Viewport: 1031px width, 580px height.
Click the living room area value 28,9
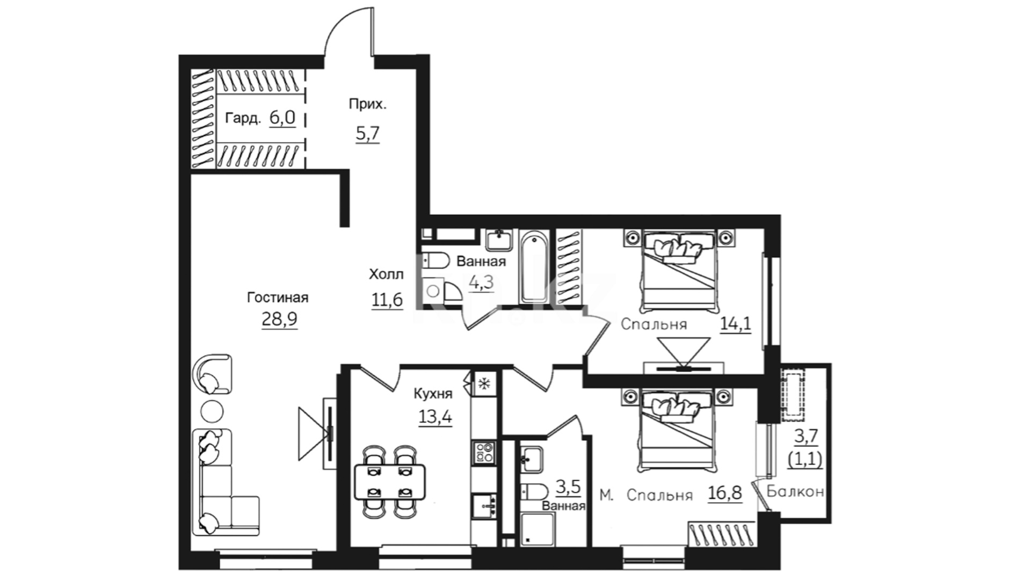pos(279,320)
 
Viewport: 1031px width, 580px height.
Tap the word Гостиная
pos(278,298)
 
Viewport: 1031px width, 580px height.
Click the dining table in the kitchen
pos(390,481)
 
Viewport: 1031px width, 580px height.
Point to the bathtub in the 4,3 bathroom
pos(534,266)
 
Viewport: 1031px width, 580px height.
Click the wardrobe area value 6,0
pos(282,118)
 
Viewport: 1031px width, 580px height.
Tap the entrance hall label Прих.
pos(367,104)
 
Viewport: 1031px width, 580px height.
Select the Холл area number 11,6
pos(387,300)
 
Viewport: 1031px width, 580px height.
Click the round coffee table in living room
pos(212,412)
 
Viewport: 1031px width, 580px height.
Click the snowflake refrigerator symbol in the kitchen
pos(484,383)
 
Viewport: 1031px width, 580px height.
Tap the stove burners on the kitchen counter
pos(484,451)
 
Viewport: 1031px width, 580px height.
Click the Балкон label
pos(795,491)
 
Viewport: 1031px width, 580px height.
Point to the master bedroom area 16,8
pos(724,493)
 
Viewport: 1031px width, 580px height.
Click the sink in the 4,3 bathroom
pos(499,239)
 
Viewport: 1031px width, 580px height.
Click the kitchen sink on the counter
pos(484,506)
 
